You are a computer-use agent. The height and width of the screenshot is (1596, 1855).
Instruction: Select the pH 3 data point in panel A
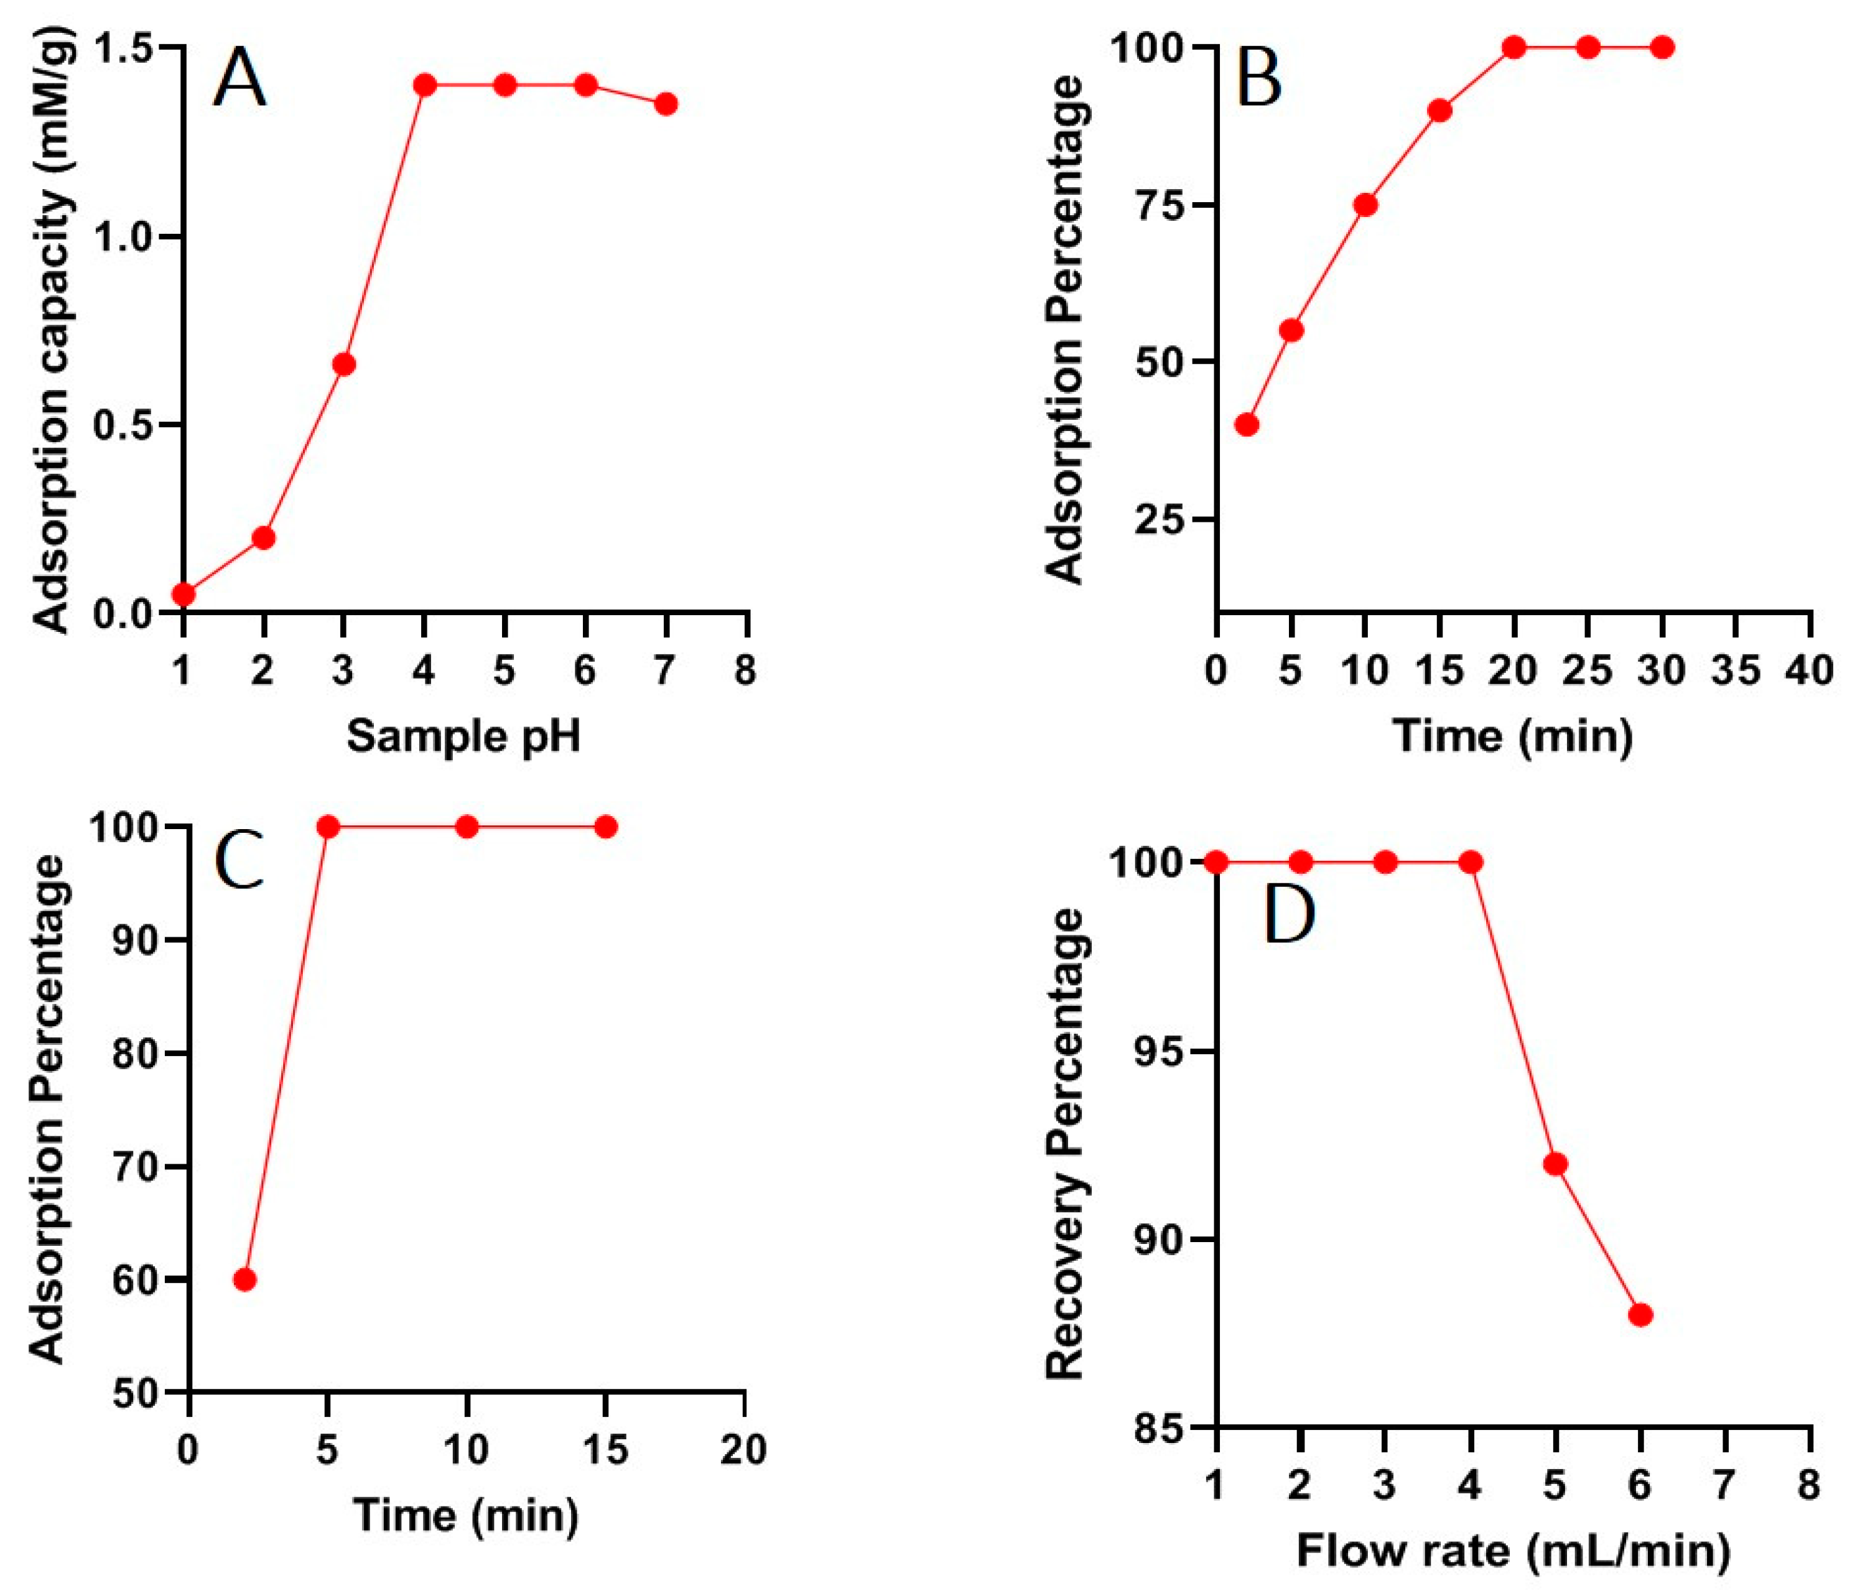click(x=344, y=364)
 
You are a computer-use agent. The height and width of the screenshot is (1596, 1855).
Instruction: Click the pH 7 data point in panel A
click(x=665, y=104)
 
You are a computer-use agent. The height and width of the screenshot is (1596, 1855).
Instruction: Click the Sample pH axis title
click(x=464, y=736)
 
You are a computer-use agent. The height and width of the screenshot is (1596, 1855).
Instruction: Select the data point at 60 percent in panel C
click(x=244, y=1280)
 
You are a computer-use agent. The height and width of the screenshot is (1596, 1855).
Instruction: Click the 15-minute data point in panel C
click(x=606, y=826)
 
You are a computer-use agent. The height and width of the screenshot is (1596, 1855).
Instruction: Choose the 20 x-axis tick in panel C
click(x=744, y=1450)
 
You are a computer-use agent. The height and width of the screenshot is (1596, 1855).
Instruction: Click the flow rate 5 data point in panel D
click(x=1556, y=1164)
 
